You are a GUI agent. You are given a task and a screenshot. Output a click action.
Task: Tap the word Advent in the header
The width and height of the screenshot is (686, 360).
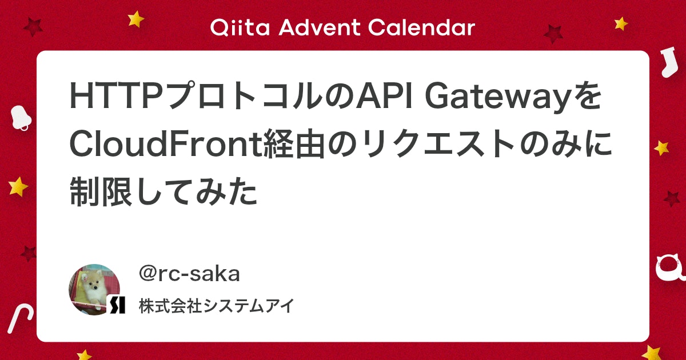click(x=318, y=27)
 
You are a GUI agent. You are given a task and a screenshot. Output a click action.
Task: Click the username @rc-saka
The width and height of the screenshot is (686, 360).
click(x=189, y=274)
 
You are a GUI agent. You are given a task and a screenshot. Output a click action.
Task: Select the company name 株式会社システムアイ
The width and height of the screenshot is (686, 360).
click(x=217, y=306)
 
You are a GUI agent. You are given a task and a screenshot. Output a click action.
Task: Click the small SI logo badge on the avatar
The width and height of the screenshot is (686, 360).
click(x=116, y=305)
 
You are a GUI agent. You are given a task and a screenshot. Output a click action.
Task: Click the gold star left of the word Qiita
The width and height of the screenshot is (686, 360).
click(x=136, y=19)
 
